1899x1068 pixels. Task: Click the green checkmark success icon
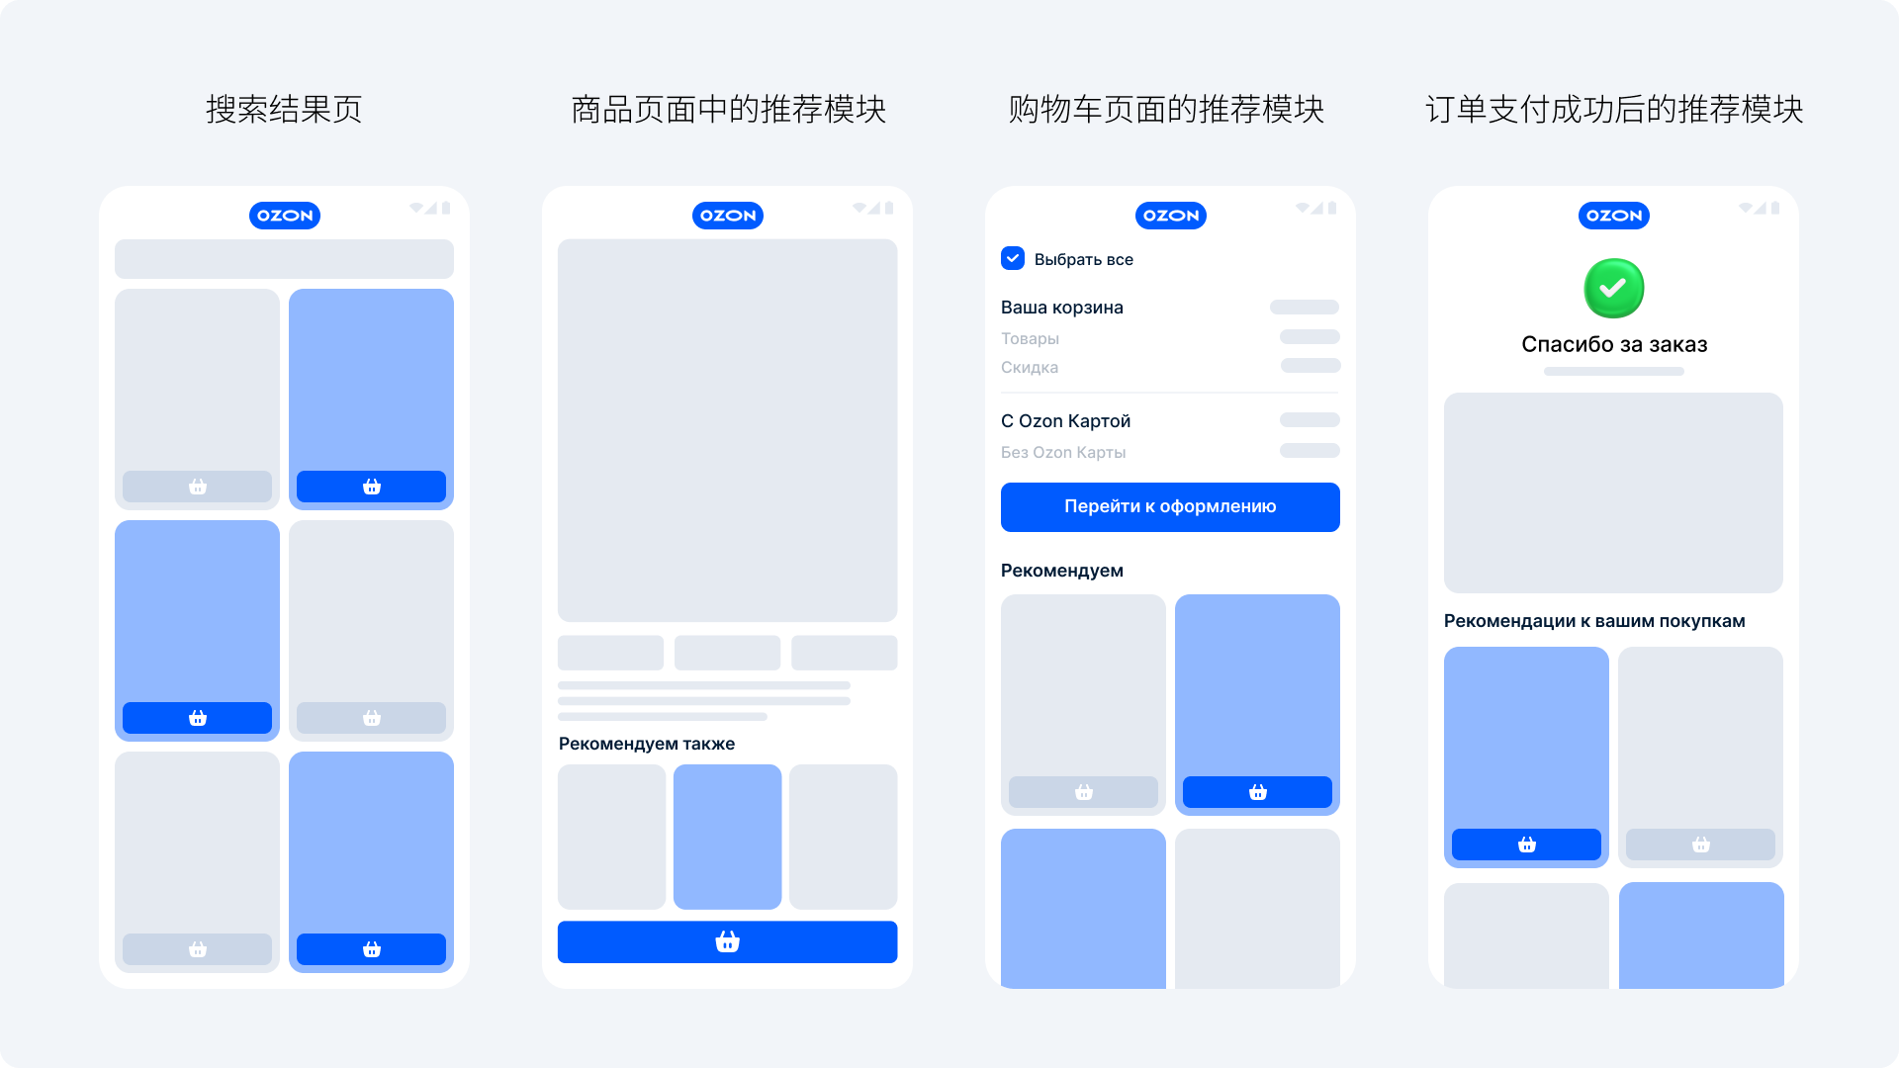pos(1613,288)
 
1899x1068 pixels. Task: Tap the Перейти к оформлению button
pos(1170,506)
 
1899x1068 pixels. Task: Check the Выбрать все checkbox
pos(1013,258)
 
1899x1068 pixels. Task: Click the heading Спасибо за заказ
pos(1614,344)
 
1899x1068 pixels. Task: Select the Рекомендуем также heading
pos(647,744)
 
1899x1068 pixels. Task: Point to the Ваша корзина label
pos(1062,308)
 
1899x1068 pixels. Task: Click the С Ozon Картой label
pos(1065,421)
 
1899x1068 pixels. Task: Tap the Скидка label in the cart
pos(1030,367)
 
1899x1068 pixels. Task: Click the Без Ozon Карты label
pos(1063,452)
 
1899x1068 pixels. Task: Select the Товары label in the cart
pos(1030,338)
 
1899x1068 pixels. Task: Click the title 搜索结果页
pos(284,109)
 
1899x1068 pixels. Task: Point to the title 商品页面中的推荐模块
pos(728,109)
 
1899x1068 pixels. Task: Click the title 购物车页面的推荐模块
pos(1166,109)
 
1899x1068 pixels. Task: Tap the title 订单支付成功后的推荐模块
pos(1614,109)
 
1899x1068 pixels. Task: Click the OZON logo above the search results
pos(285,216)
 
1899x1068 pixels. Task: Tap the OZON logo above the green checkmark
pos(1614,216)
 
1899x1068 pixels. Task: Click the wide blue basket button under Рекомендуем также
pos(728,942)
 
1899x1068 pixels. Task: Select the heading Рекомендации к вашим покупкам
pos(1594,621)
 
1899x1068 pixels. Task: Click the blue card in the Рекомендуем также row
pos(728,837)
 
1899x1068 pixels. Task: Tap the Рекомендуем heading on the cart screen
pos(1062,571)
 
